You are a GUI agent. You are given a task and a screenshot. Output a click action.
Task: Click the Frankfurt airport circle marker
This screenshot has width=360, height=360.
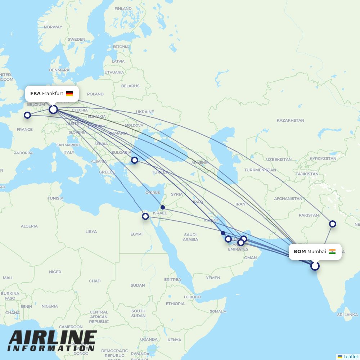point(53,109)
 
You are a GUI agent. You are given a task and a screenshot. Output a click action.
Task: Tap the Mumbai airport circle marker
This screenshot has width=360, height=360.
point(315,266)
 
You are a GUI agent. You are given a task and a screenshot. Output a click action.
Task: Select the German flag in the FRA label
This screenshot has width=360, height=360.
point(69,94)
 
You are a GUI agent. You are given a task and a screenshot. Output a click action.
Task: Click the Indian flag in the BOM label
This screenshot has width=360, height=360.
point(332,252)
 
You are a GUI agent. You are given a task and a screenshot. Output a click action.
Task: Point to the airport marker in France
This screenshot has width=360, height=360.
point(27,115)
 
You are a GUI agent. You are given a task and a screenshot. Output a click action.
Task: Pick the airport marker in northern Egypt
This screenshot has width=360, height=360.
point(145,216)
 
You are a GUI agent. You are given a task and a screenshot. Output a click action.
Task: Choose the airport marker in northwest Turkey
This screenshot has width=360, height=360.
point(135,160)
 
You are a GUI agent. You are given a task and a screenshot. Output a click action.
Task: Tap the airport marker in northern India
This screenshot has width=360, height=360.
point(333,224)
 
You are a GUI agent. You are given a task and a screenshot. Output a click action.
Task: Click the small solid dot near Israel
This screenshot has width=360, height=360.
point(163,207)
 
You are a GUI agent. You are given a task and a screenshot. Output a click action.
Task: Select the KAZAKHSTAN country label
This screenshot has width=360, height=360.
point(290,120)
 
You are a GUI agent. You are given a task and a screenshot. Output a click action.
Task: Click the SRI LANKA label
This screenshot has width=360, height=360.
point(347,315)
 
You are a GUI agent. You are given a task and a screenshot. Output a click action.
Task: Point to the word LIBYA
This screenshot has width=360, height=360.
point(91,231)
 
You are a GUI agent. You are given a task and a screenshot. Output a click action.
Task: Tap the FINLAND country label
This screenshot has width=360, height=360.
point(123,9)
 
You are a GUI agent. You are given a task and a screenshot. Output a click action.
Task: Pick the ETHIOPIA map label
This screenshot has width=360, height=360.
point(175,303)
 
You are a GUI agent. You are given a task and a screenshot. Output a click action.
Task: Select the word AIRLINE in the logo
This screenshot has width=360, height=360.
point(53,338)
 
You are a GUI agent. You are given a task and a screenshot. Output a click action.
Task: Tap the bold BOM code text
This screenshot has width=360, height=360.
point(300,252)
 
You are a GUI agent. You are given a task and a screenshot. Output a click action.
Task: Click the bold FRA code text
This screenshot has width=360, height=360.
point(35,94)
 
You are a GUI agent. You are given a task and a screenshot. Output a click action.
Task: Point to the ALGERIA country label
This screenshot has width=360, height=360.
point(29,226)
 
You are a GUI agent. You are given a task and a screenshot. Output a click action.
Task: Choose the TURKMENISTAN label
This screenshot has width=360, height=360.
point(260,170)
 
